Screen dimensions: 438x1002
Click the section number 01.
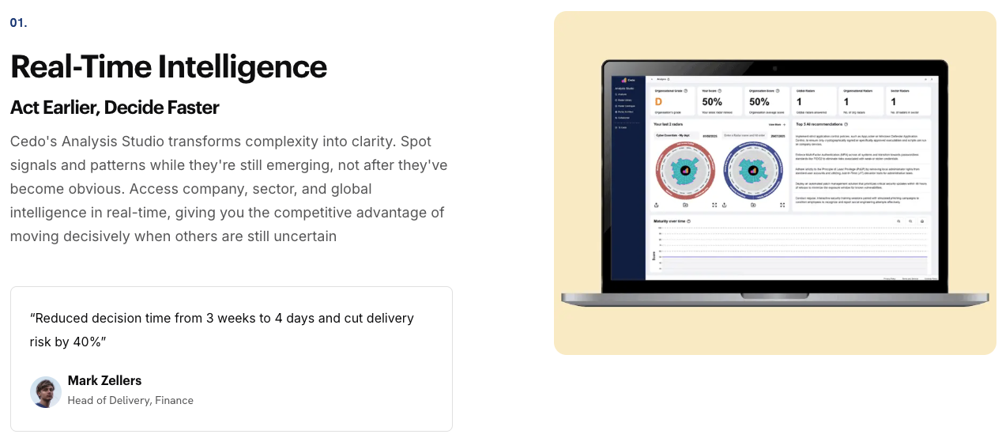19,23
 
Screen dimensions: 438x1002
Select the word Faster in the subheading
190,108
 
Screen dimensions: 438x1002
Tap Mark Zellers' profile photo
46,392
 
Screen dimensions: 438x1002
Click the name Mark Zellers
104,381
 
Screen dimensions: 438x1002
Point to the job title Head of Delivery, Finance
130,400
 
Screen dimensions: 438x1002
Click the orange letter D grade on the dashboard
658,102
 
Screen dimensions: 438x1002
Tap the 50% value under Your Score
712,102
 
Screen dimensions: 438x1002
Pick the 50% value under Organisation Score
759,102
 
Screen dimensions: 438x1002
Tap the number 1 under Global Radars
799,102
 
